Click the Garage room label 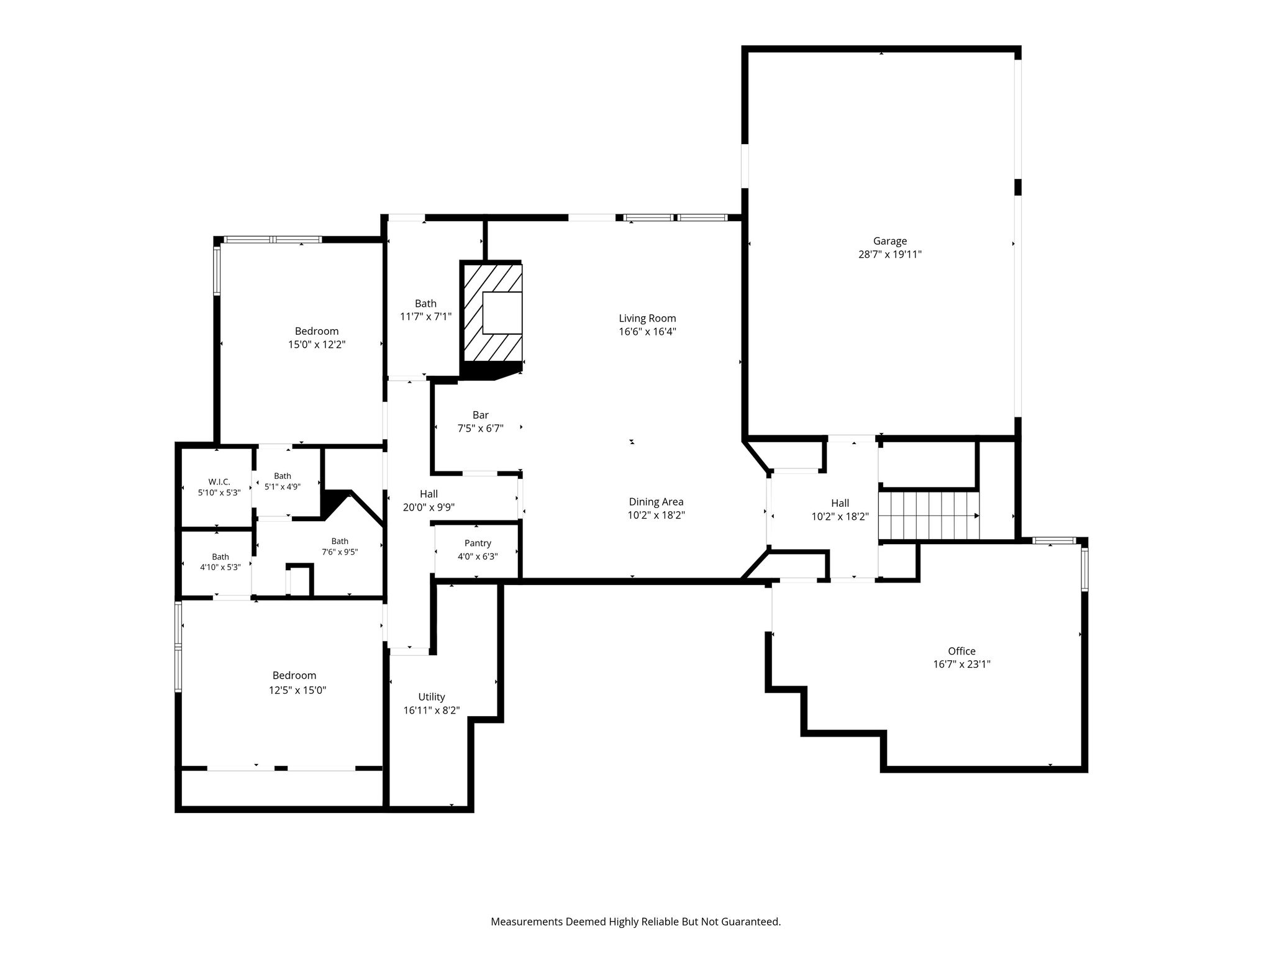[890, 241]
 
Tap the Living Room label [647, 319]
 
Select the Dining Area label [656, 502]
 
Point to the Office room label [961, 651]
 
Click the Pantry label [478, 543]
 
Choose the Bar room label [481, 415]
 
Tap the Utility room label [432, 697]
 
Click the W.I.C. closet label [219, 482]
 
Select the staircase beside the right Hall [929, 516]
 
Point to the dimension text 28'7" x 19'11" [890, 254]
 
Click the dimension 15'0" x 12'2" [317, 344]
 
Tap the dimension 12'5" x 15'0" [298, 689]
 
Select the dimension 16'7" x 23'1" [961, 664]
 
